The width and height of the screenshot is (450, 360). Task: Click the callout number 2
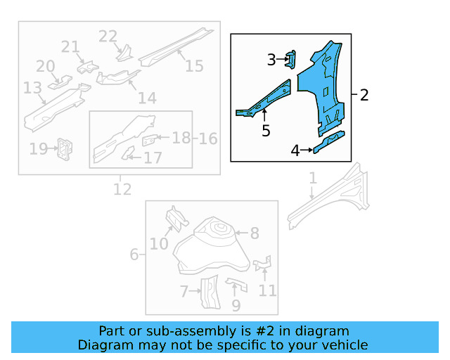(364, 95)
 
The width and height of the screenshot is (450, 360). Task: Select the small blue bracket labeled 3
(290, 60)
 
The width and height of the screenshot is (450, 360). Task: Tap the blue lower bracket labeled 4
(329, 142)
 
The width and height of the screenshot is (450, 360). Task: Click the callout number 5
(266, 131)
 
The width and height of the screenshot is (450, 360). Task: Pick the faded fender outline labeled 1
(329, 198)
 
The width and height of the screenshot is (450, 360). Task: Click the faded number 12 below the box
(122, 189)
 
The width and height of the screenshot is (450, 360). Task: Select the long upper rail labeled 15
(176, 47)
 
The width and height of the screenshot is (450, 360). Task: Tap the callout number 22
(108, 37)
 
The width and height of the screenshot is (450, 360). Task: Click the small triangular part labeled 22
(124, 54)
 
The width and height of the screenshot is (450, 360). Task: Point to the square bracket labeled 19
(65, 149)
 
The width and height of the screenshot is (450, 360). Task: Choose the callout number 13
(32, 88)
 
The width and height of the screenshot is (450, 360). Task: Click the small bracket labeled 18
(150, 140)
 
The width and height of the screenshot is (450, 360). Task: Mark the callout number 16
(208, 139)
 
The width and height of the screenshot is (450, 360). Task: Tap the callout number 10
(159, 244)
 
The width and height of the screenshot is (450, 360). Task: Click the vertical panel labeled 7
(210, 292)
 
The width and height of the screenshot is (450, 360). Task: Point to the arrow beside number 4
(307, 150)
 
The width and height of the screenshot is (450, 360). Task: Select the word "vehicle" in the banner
(348, 345)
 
